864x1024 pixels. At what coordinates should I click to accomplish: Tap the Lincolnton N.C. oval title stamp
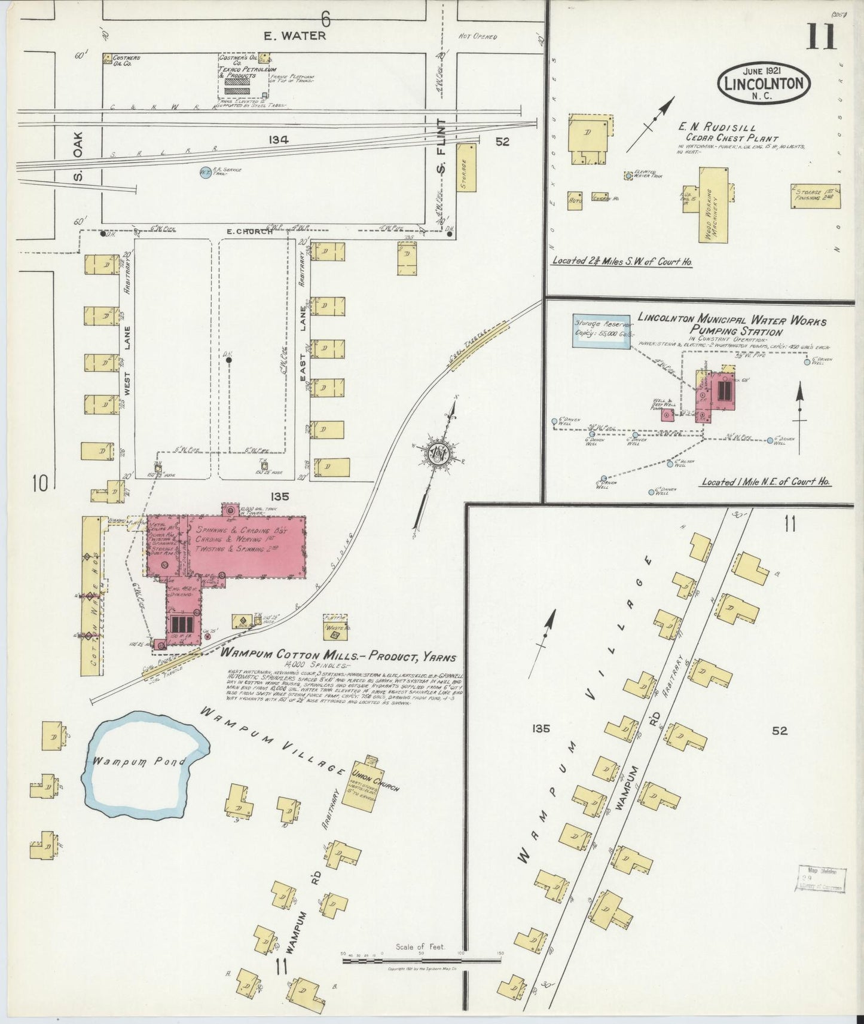click(x=764, y=83)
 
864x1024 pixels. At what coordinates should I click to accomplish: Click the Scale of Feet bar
click(x=422, y=961)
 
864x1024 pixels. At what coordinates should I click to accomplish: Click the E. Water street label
click(x=295, y=36)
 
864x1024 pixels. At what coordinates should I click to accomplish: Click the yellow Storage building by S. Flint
click(x=467, y=167)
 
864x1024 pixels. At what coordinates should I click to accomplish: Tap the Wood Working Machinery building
click(x=713, y=205)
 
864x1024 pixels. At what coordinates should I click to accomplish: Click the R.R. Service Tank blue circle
click(x=206, y=172)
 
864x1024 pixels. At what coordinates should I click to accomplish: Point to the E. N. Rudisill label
click(x=716, y=128)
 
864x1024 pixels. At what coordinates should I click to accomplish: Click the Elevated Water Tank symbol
click(x=628, y=176)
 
